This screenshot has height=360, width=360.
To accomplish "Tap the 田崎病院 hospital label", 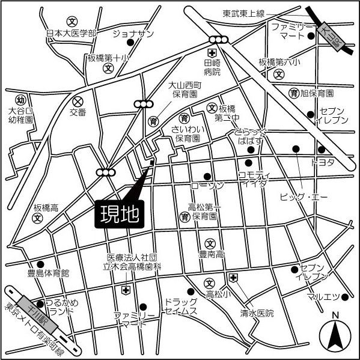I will [212, 67].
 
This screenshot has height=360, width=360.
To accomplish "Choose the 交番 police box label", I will [78, 112].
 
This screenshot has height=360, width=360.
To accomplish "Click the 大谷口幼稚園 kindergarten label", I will [20, 115].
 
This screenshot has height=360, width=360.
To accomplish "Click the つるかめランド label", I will [61, 308].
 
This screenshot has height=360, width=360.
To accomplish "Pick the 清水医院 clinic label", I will [257, 314].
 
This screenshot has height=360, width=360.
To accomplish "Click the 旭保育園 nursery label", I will [317, 93].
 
